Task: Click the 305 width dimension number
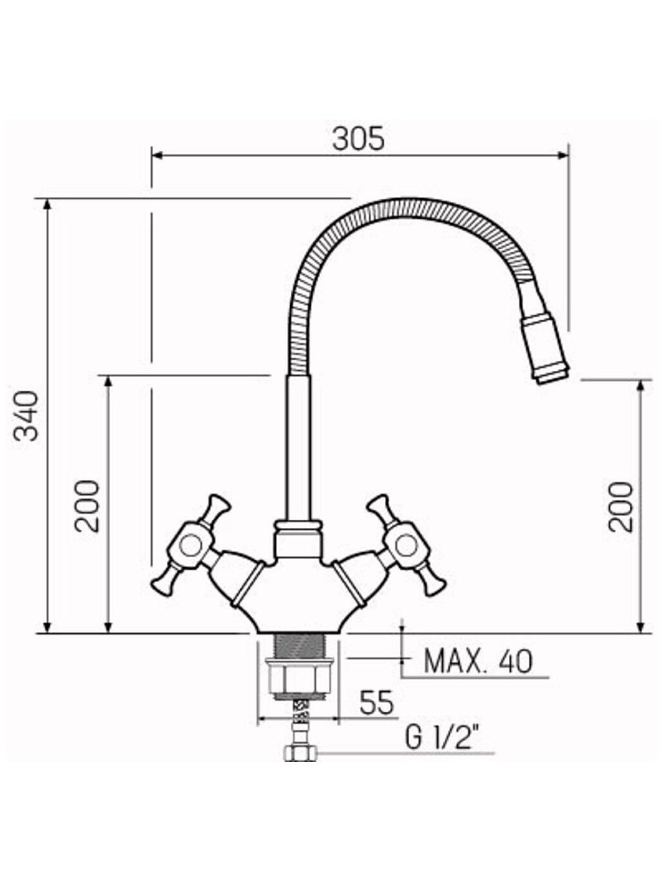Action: (x=359, y=138)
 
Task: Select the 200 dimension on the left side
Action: (x=87, y=506)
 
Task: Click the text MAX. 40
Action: (x=478, y=662)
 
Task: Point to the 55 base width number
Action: (x=377, y=703)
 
